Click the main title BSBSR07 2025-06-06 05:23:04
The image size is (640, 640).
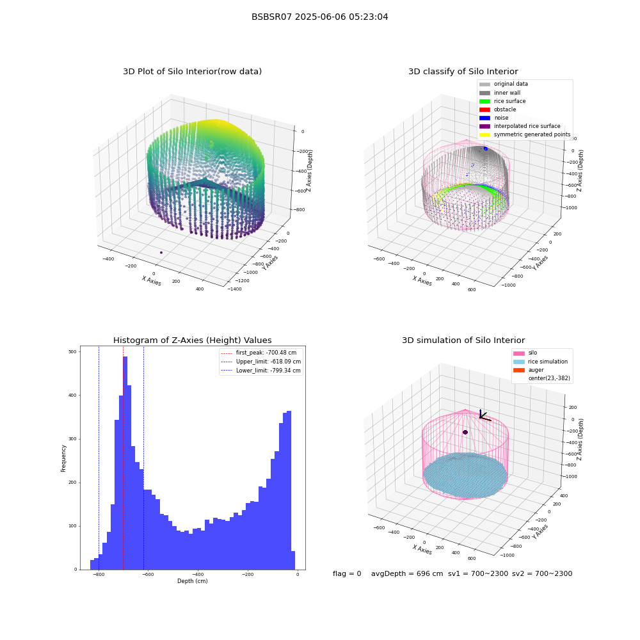(319, 17)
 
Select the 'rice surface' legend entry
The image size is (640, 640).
(502, 101)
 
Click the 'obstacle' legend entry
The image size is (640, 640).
(497, 109)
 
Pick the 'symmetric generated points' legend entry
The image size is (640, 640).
(525, 134)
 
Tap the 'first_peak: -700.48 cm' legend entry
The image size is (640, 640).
(259, 353)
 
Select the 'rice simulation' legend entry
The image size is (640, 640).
(540, 362)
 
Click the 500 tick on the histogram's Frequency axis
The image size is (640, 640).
(72, 351)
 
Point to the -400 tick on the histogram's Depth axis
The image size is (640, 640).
(198, 574)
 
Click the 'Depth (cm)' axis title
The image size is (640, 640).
(192, 581)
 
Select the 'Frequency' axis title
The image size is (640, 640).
(63, 458)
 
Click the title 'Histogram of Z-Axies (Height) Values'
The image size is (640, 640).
(192, 340)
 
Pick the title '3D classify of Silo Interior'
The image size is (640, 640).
(463, 72)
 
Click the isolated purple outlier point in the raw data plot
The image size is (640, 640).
(161, 253)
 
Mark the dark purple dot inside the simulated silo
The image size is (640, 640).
(465, 432)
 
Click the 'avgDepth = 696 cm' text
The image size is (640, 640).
(407, 573)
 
